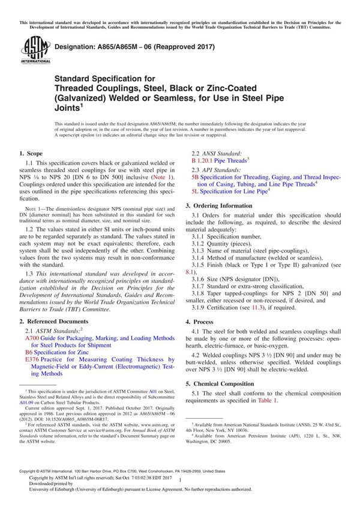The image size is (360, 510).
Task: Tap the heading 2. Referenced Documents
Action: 58,322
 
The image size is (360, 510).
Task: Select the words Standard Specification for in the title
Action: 105,79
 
